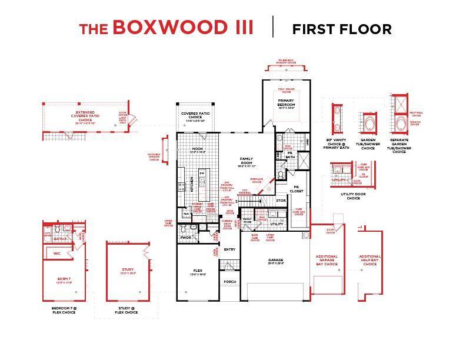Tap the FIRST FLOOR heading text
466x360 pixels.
click(x=341, y=29)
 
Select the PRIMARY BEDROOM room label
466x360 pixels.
click(x=286, y=103)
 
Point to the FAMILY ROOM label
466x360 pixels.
click(x=246, y=161)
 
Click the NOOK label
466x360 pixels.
click(x=198, y=149)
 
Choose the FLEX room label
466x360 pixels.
click(x=198, y=271)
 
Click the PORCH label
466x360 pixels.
click(x=229, y=282)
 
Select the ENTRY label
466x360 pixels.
click(x=229, y=249)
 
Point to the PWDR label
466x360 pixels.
click(x=186, y=238)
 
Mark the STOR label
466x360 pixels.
click(x=281, y=201)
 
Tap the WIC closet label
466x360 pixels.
click(x=56, y=254)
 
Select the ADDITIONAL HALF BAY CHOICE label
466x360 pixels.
click(x=370, y=261)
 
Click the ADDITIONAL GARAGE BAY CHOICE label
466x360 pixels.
click(x=327, y=261)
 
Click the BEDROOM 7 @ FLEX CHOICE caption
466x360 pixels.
click(x=64, y=310)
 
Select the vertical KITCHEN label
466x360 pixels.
click(x=192, y=184)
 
